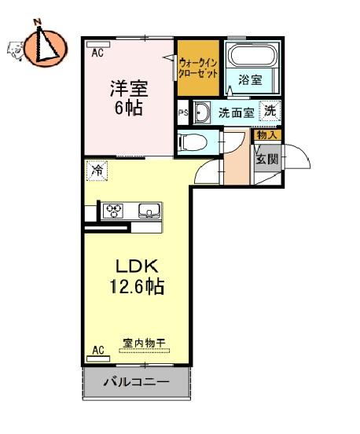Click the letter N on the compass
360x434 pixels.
(38, 22)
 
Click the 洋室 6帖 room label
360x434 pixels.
(129, 97)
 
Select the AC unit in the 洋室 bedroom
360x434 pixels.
(98, 44)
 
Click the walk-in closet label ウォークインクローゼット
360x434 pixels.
(198, 68)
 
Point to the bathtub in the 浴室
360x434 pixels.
(253, 55)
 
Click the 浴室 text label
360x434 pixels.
(250, 80)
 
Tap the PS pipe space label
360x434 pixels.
(183, 113)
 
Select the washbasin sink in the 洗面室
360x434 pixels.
(201, 112)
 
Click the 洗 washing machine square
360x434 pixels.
(270, 111)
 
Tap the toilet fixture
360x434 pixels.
(193, 142)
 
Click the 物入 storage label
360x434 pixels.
(267, 135)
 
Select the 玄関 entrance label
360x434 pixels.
(266, 159)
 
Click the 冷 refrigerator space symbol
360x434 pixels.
(97, 171)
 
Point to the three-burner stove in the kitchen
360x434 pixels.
(113, 211)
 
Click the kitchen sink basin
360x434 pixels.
(149, 211)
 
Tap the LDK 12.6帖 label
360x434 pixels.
(137, 276)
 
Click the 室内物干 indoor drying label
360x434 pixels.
(144, 344)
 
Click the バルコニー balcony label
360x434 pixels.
(136, 382)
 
